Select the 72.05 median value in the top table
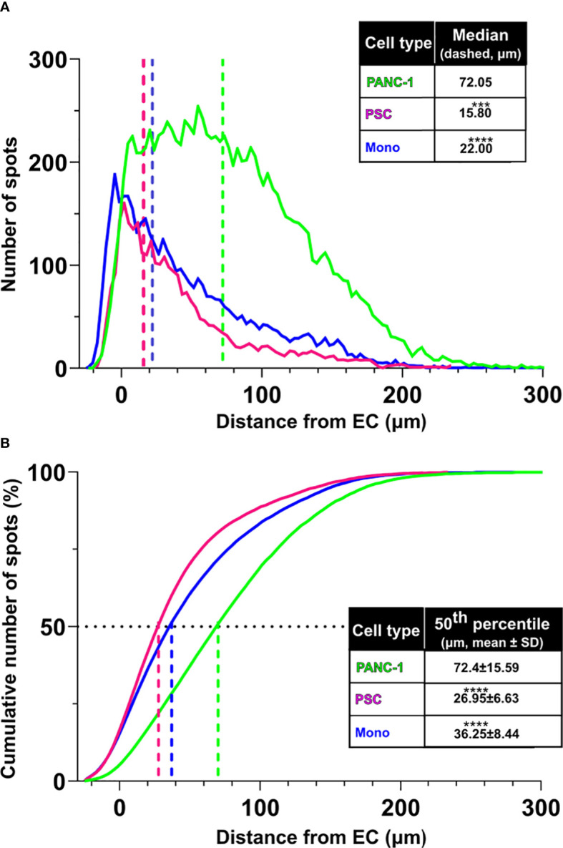coord(481,82)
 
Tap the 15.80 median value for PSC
coord(481,114)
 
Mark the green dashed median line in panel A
coord(223,215)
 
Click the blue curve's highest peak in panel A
coord(114,174)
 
